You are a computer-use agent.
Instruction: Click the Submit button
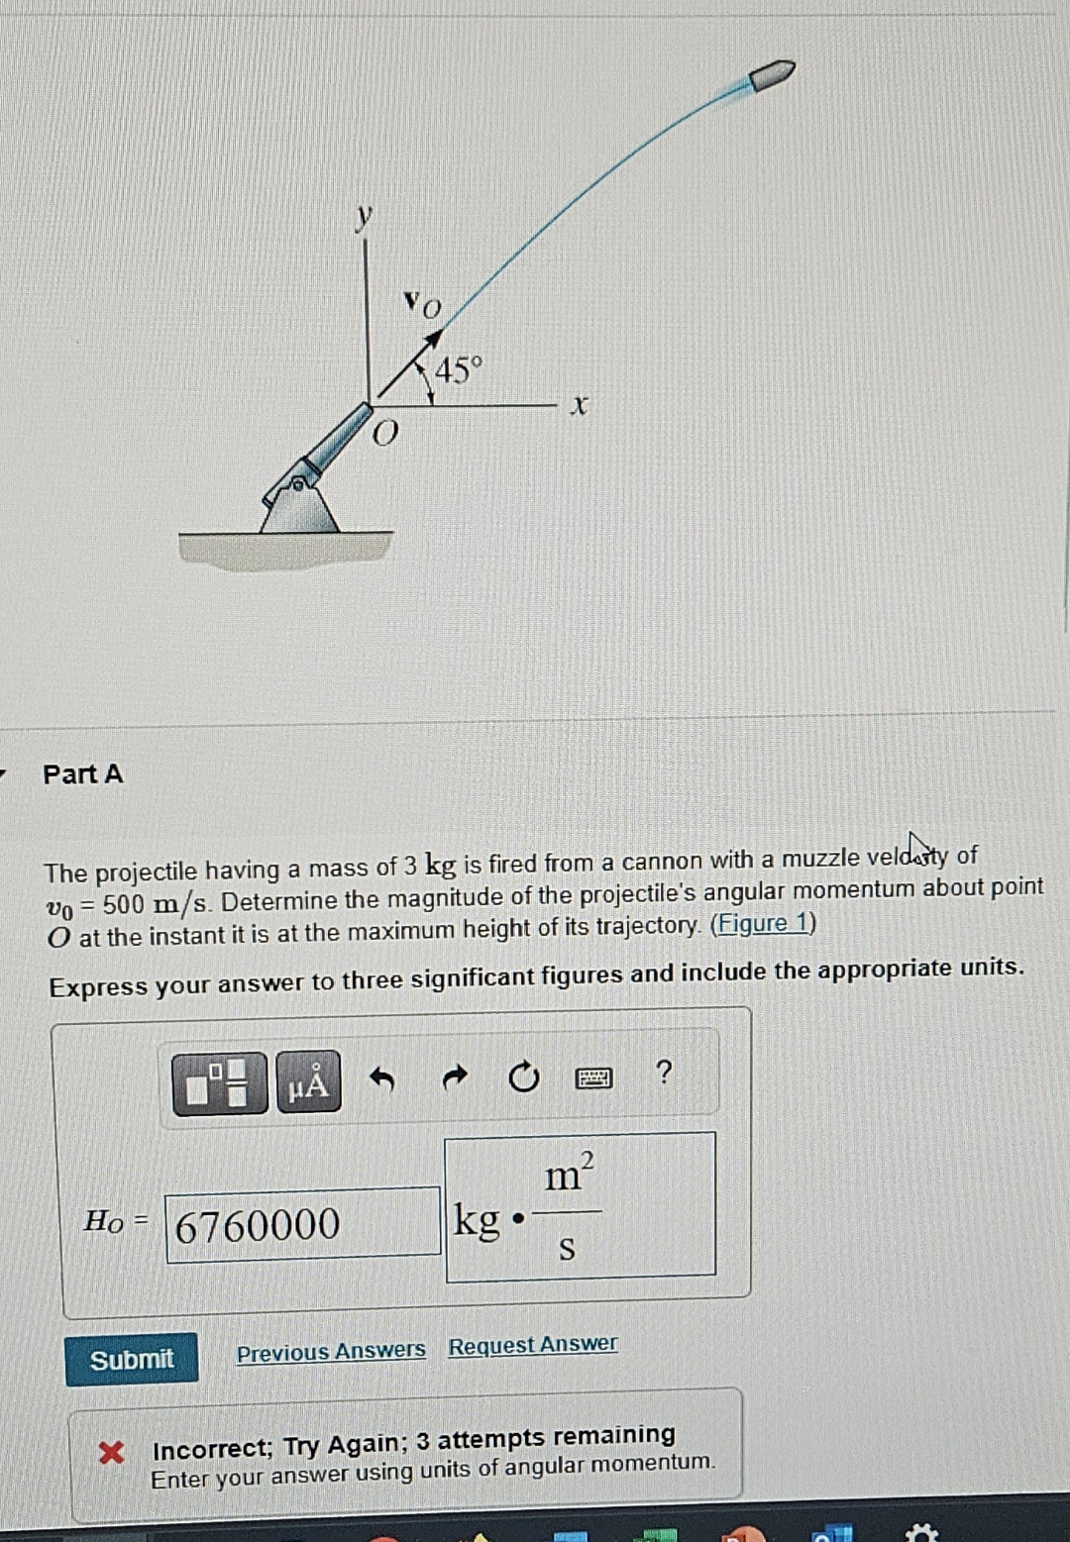coord(132,1359)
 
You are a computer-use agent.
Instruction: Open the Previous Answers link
coord(331,1351)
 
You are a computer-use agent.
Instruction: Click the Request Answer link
coord(532,1345)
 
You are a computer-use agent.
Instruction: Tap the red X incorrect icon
coord(111,1452)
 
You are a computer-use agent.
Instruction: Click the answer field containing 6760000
coord(302,1225)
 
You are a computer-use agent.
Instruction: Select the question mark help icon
coord(664,1072)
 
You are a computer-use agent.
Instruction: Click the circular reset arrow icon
coord(523,1077)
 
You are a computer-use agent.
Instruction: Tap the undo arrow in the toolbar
coord(382,1079)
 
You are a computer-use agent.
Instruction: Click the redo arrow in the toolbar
coord(454,1077)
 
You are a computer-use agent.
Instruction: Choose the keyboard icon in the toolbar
coord(593,1078)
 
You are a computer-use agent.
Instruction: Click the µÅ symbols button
coord(308,1082)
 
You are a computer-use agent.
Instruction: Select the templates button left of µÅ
coord(219,1083)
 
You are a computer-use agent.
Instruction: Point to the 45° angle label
coord(458,370)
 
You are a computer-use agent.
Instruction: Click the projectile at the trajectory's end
coord(772,75)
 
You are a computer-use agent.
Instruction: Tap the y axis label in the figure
coord(366,215)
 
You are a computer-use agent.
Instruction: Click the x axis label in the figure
coord(580,404)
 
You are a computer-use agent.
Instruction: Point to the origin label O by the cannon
coord(385,433)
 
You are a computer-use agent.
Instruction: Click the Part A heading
coord(83,773)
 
